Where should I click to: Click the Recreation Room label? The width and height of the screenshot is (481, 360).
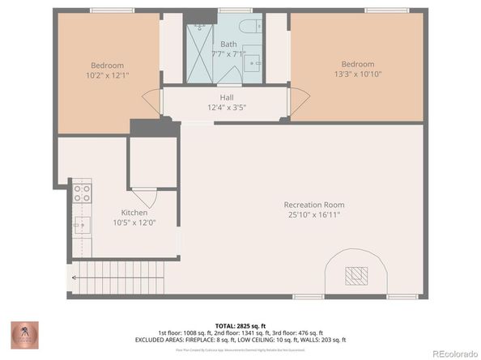312,205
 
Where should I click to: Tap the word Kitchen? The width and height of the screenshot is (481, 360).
134,213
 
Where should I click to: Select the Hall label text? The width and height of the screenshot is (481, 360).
227,97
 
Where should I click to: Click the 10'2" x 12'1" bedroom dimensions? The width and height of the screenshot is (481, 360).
107,75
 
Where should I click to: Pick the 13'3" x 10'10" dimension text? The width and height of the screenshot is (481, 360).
357,74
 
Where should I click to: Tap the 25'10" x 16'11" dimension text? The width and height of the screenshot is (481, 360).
313,215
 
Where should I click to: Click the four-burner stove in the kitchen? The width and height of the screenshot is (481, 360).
82,193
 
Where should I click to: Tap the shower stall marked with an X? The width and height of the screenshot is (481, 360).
200,51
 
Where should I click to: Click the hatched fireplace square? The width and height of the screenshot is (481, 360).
355,276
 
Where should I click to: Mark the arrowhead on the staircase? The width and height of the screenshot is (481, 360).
73,277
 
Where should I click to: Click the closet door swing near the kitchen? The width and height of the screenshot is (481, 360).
144,197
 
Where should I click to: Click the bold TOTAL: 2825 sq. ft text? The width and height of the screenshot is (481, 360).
240,323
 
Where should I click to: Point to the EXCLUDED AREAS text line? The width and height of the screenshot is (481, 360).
240,339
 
